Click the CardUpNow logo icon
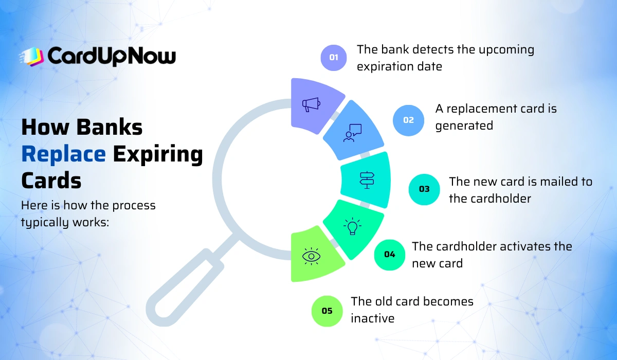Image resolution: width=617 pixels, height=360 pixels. click(32, 57)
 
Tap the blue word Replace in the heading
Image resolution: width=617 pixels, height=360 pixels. click(64, 154)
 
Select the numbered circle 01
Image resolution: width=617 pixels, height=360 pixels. click(334, 57)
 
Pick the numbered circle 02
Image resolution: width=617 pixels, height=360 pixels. click(408, 120)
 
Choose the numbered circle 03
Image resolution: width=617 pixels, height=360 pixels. click(424, 189)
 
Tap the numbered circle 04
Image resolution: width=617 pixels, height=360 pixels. click(389, 254)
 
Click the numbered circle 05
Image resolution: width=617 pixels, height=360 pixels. click(327, 311)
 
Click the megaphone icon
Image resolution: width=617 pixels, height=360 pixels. click(311, 104)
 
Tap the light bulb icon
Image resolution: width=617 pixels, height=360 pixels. click(353, 226)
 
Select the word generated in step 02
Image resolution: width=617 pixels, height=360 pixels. click(464, 125)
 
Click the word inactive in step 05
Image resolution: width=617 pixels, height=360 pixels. click(372, 318)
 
